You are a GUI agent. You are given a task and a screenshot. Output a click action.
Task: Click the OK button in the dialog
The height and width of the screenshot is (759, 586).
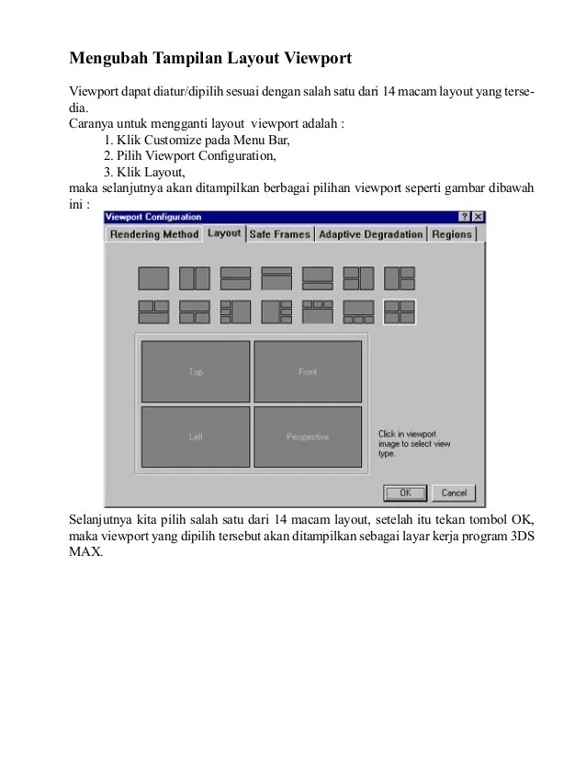(405, 493)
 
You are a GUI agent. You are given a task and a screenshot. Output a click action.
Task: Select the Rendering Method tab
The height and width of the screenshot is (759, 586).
(153, 234)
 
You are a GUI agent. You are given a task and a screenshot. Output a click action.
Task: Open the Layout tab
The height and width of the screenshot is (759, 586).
(224, 233)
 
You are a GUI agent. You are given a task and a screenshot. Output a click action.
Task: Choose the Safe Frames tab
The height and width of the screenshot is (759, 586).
(279, 234)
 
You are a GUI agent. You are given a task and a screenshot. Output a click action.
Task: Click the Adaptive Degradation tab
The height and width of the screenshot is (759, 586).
(370, 234)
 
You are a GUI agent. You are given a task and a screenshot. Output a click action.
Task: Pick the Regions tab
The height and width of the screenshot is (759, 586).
(451, 234)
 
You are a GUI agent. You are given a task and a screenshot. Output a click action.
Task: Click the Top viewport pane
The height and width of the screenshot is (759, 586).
(196, 371)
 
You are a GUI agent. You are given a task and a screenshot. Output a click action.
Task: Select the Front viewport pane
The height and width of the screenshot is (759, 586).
(308, 371)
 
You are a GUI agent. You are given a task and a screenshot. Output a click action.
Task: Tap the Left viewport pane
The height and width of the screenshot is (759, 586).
(196, 437)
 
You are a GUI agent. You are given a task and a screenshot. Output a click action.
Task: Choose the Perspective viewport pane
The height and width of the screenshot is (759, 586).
(308, 437)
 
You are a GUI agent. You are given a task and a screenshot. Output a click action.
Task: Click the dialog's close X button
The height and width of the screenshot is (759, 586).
(477, 217)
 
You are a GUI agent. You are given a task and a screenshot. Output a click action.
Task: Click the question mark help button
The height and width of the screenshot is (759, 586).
(463, 217)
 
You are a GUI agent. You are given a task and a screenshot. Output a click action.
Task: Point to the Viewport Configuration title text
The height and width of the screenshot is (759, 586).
(153, 217)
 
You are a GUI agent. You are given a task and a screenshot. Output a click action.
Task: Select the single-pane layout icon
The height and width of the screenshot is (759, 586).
(153, 278)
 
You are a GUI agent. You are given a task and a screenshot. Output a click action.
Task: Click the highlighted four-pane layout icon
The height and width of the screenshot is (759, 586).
(400, 312)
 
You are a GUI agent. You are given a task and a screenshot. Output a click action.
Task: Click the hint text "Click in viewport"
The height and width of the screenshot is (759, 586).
(407, 433)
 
